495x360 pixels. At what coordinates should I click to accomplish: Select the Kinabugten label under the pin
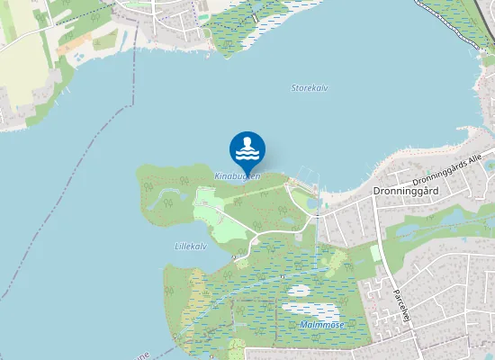pyautogui.click(x=238, y=175)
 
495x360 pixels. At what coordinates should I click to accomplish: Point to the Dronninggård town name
pyautogui.click(x=405, y=192)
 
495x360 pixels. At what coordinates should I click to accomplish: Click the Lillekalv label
pyautogui.click(x=191, y=246)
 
